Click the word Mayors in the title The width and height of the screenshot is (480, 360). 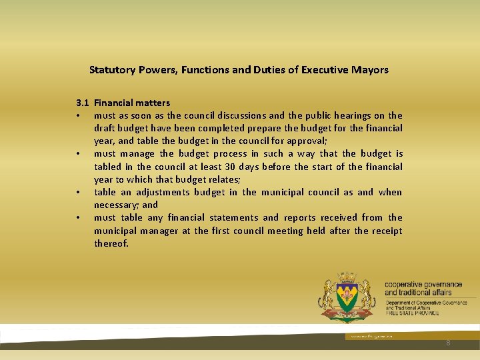pyautogui.click(x=371, y=69)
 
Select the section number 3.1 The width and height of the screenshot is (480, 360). pyautogui.click(x=82, y=103)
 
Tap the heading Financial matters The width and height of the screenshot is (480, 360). pyautogui.click(x=132, y=103)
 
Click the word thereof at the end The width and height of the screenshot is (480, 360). pyautogui.click(x=111, y=243)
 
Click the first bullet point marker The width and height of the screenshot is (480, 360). pyautogui.click(x=79, y=115)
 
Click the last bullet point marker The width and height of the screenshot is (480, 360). pyautogui.click(x=79, y=218)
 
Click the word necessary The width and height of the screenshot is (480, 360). pyautogui.click(x=115, y=205)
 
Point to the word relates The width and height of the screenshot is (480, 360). pyautogui.click(x=222, y=179)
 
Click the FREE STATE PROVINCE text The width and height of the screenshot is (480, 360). pyautogui.click(x=412, y=313)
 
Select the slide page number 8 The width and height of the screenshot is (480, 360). pyautogui.click(x=449, y=343)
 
